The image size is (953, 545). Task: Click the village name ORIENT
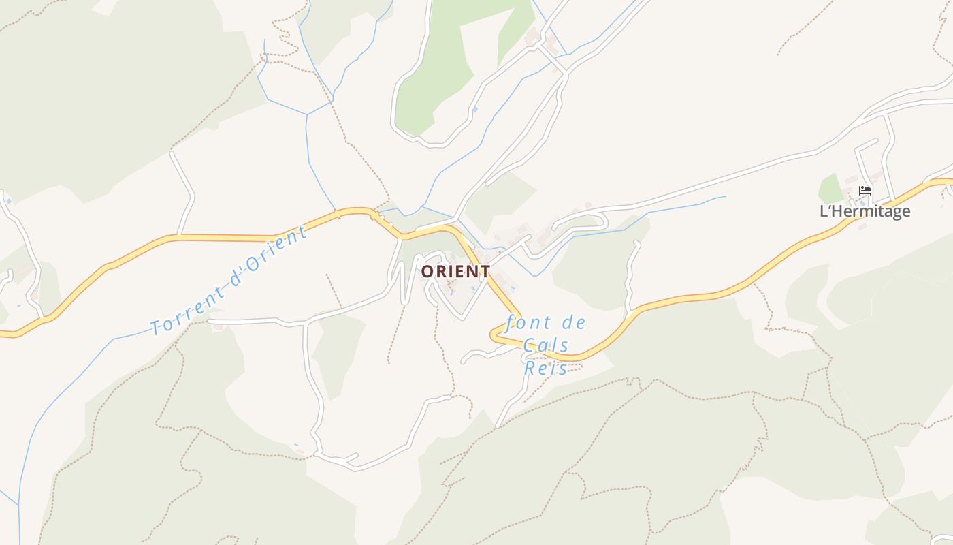[455, 271]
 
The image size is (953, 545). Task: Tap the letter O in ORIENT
[427, 271]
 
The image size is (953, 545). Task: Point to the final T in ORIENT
[484, 271]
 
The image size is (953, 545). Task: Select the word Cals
[546, 345]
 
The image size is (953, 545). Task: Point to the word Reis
[546, 368]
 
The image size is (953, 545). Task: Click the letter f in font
[511, 323]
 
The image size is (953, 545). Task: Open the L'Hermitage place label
[865, 211]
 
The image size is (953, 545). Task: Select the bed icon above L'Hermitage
[865, 191]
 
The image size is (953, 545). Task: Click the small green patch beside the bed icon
[830, 189]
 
